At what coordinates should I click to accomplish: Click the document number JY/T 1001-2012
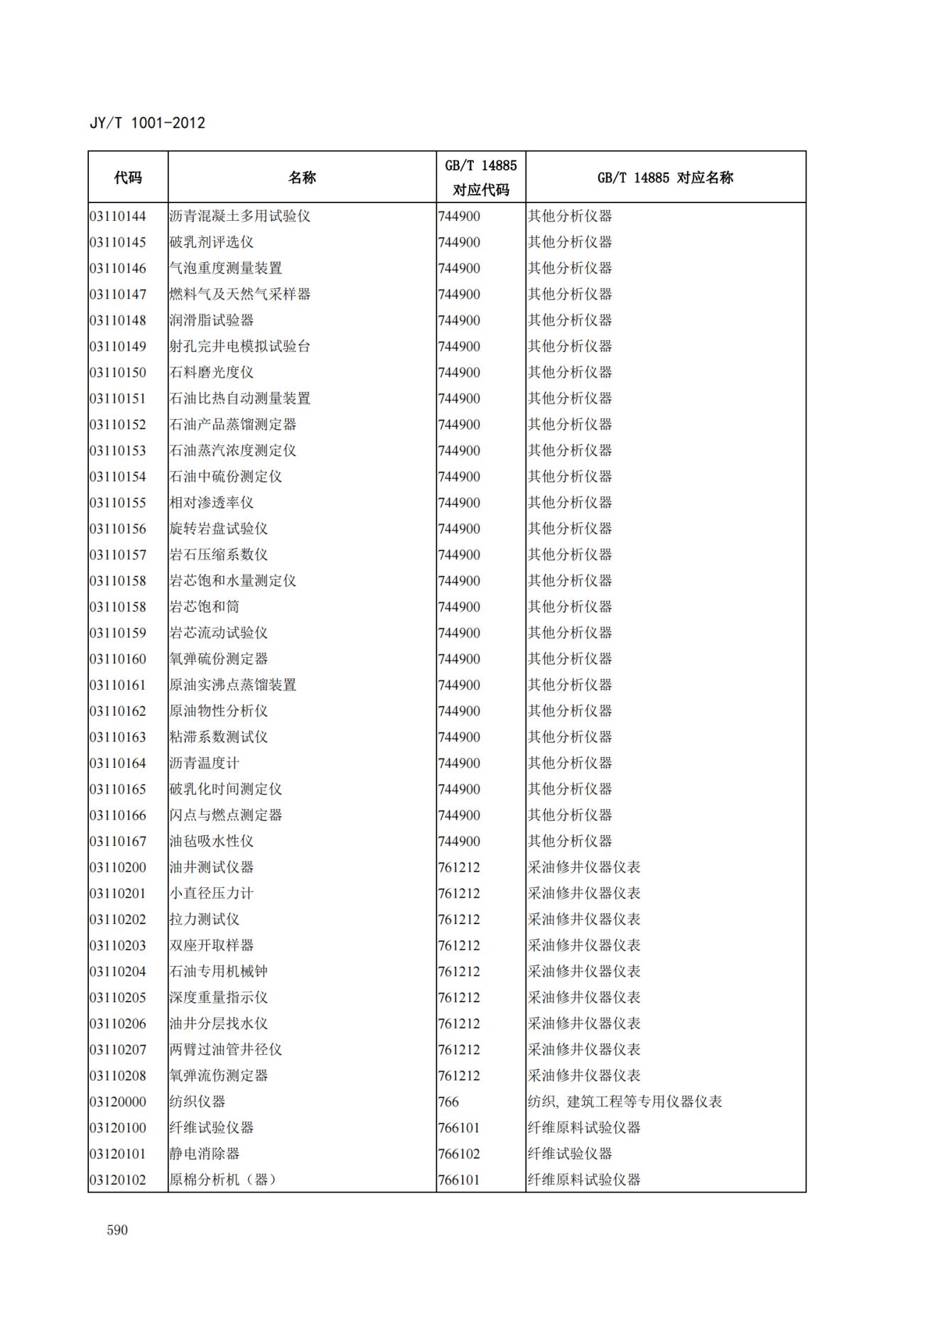(x=147, y=123)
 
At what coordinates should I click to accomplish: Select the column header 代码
(x=128, y=178)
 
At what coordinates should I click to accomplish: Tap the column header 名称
(x=302, y=178)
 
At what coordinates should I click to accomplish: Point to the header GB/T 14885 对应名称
(x=665, y=178)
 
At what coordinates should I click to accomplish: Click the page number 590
(x=117, y=1230)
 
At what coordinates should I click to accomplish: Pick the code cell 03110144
(x=118, y=216)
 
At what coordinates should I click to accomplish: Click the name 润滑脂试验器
(x=211, y=320)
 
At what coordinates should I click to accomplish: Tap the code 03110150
(x=118, y=372)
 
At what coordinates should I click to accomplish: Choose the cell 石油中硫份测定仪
(x=225, y=477)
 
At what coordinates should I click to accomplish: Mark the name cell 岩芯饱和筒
(x=204, y=607)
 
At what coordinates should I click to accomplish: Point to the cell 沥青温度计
(x=204, y=763)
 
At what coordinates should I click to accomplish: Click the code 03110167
(x=118, y=841)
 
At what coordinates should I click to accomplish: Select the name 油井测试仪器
(x=211, y=867)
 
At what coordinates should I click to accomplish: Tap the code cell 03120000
(x=118, y=1102)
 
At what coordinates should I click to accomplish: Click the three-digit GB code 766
(x=448, y=1102)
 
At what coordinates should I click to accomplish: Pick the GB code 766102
(x=459, y=1154)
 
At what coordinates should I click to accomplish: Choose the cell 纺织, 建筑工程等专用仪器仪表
(x=625, y=1102)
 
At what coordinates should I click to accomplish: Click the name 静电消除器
(x=204, y=1154)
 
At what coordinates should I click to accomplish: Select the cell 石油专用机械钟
(x=218, y=971)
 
